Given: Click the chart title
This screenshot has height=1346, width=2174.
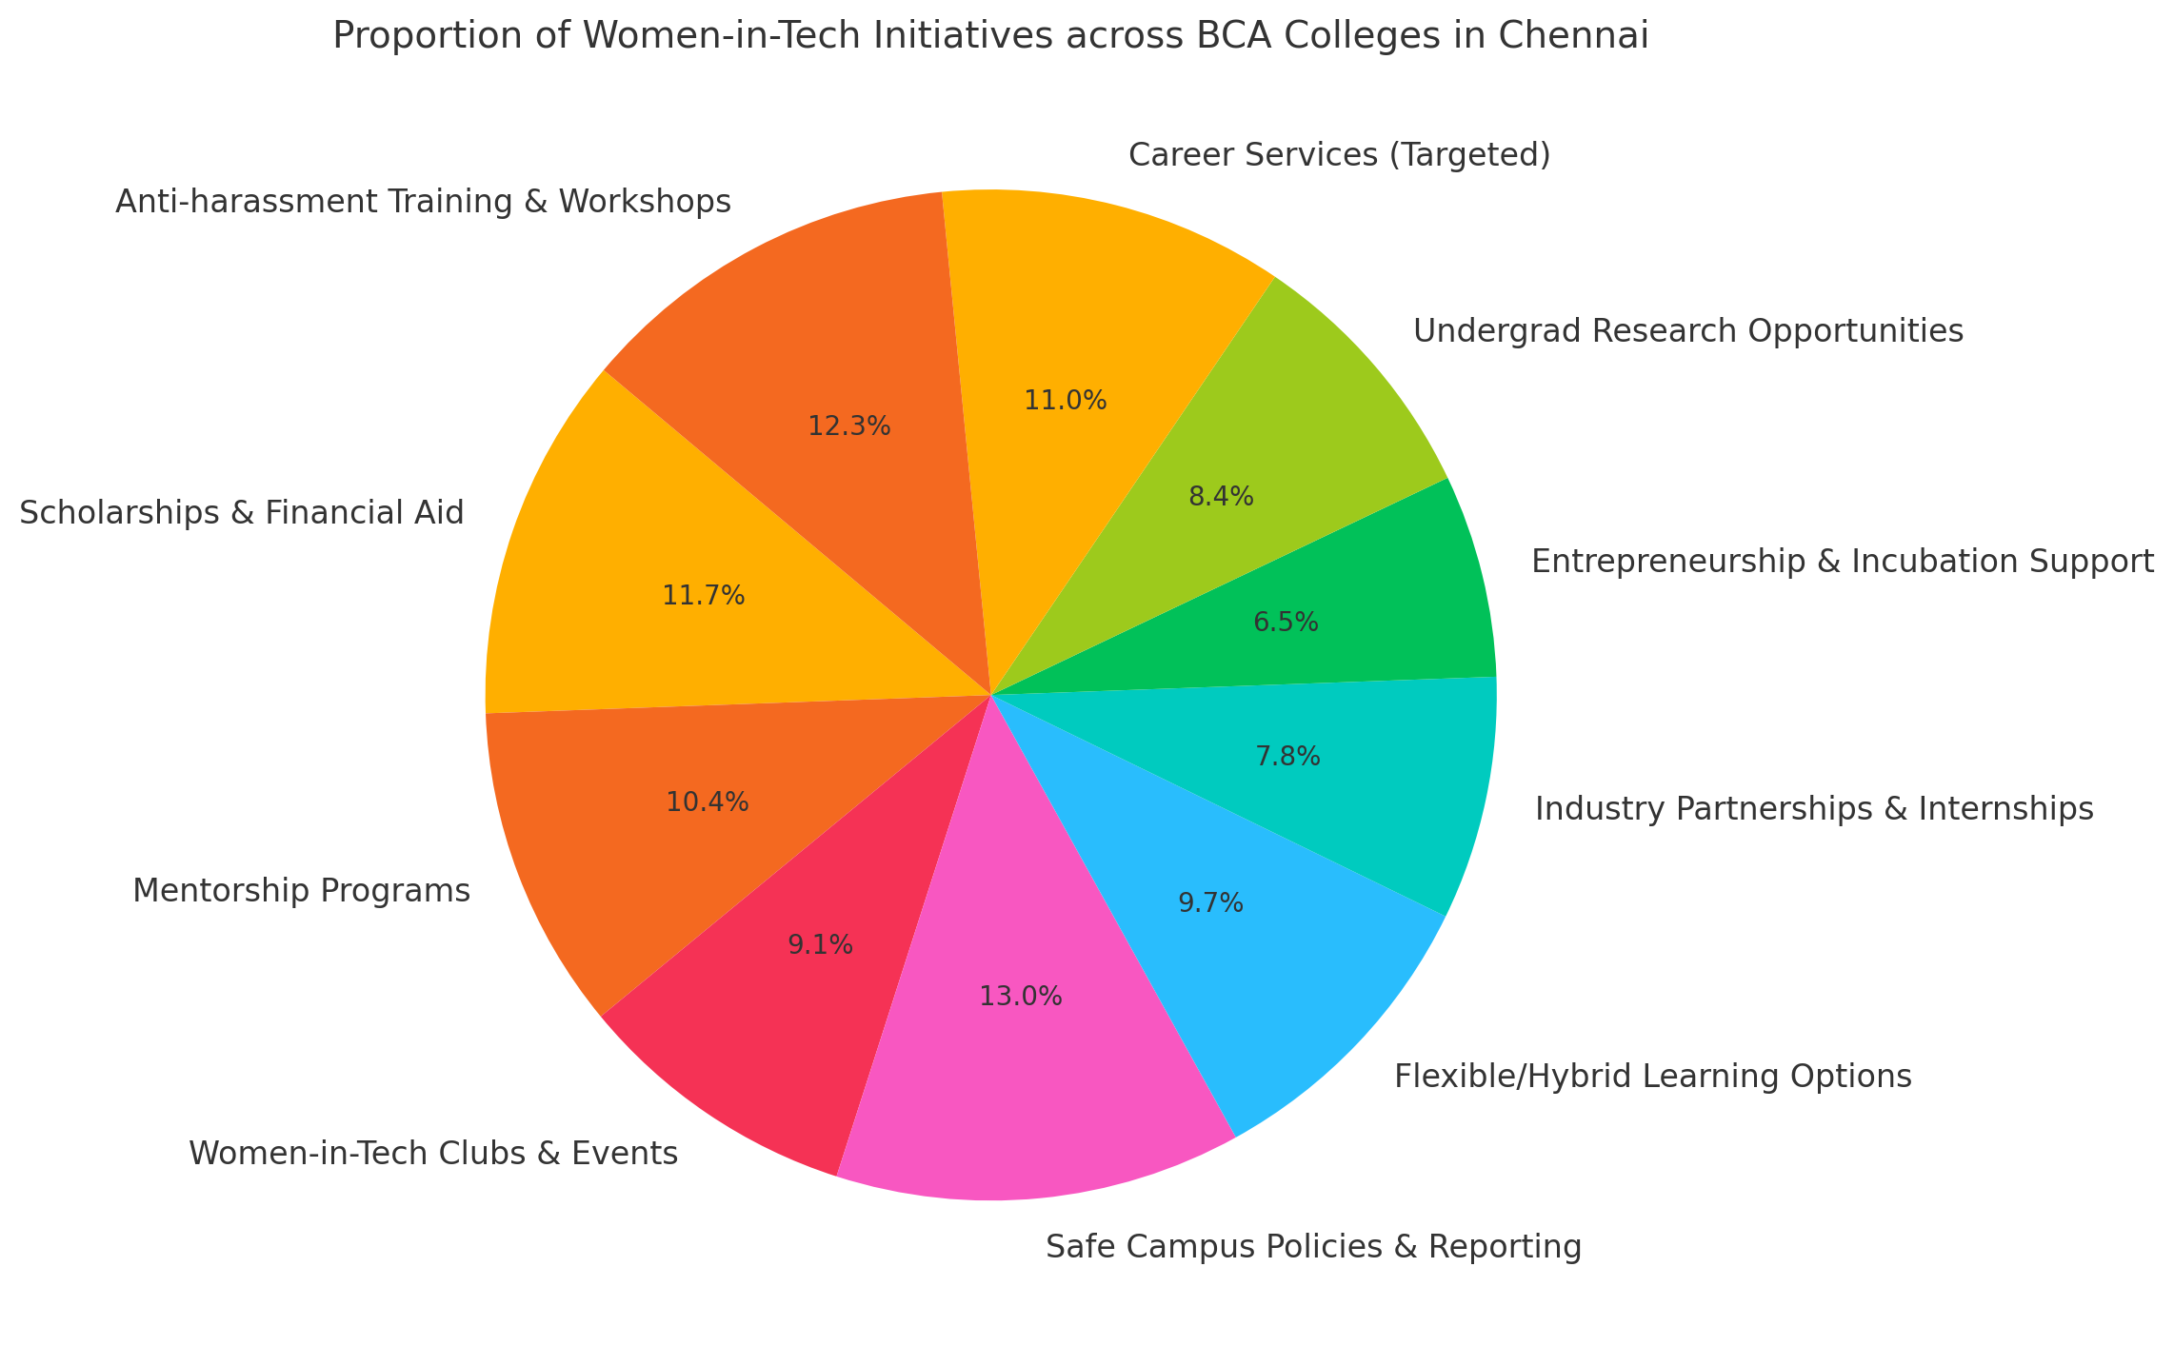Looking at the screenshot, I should (x=990, y=36).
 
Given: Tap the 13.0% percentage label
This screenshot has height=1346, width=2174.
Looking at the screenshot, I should (x=1021, y=997).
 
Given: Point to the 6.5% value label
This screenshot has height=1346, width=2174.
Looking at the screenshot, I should (x=1286, y=623).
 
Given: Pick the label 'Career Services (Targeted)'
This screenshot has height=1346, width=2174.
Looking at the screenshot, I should (x=1340, y=154).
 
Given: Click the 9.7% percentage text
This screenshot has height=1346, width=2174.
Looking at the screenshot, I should (x=1211, y=903).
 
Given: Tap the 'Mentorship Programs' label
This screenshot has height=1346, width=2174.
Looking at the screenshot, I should (x=301, y=891).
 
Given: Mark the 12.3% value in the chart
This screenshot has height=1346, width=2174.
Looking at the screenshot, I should (x=849, y=426).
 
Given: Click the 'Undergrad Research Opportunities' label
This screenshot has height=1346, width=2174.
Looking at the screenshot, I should (x=1688, y=331).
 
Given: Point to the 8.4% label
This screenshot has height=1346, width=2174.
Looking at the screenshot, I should (x=1222, y=496).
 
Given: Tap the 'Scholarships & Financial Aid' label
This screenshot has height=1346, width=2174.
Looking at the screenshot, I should (x=242, y=513).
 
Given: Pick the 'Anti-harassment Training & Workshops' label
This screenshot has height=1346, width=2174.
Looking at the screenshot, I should (x=423, y=202).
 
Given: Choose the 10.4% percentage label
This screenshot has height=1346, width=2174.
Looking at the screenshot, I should (x=708, y=802).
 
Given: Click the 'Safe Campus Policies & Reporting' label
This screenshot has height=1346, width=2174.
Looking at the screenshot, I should (x=1314, y=1246).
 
